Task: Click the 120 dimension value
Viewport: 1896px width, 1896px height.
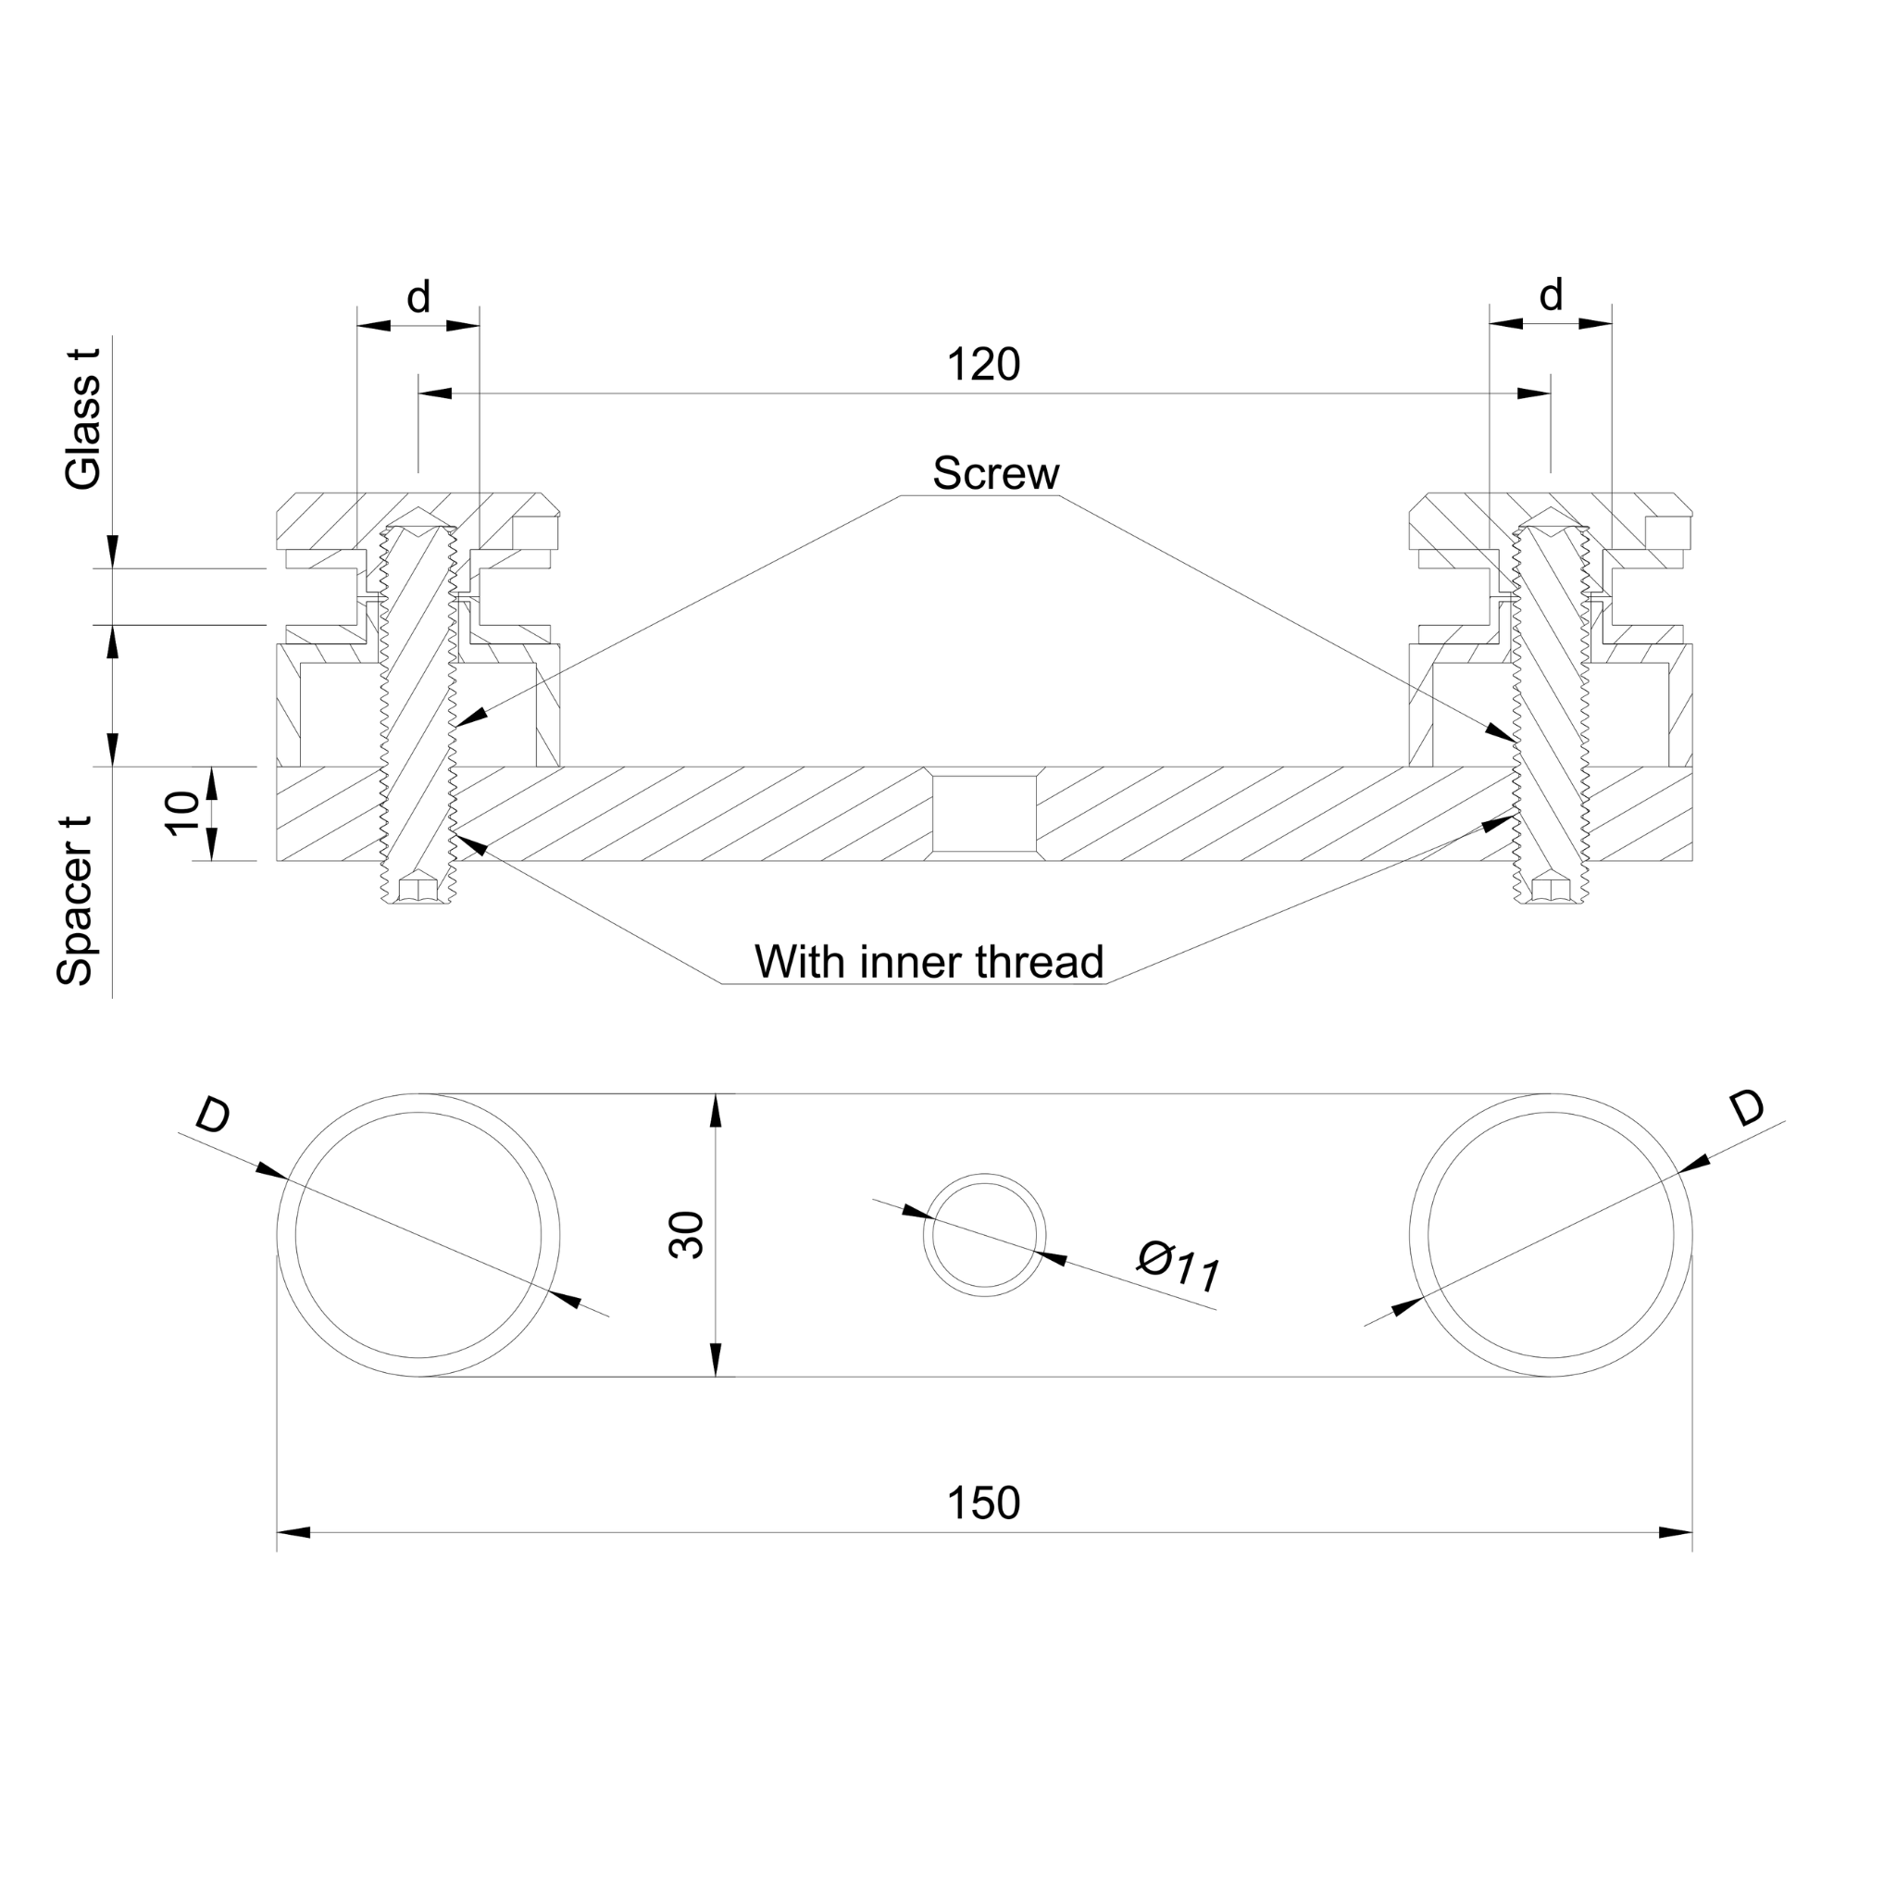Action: (x=982, y=365)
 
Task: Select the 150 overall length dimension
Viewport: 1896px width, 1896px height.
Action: (x=982, y=1503)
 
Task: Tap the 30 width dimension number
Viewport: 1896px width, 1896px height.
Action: (x=687, y=1235)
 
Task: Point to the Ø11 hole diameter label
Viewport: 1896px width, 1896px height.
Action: (x=1179, y=1267)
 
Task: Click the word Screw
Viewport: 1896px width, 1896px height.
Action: (x=995, y=473)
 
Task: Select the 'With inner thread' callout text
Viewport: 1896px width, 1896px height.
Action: (x=929, y=962)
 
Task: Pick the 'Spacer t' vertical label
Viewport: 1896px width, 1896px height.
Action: (x=75, y=901)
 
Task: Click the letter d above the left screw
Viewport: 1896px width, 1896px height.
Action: (x=419, y=296)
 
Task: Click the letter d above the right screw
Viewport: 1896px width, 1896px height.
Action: (x=1551, y=294)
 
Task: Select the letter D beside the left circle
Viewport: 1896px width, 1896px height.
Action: (x=213, y=1116)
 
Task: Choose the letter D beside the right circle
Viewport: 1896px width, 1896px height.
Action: (x=1747, y=1109)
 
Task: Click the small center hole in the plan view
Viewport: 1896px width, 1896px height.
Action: (x=984, y=1235)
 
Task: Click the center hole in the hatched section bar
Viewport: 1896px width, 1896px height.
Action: (x=984, y=814)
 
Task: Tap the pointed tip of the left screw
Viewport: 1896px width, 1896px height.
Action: (x=418, y=512)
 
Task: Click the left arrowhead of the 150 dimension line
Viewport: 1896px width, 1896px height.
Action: (x=294, y=1532)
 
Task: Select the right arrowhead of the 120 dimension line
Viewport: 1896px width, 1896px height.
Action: (x=1534, y=393)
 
